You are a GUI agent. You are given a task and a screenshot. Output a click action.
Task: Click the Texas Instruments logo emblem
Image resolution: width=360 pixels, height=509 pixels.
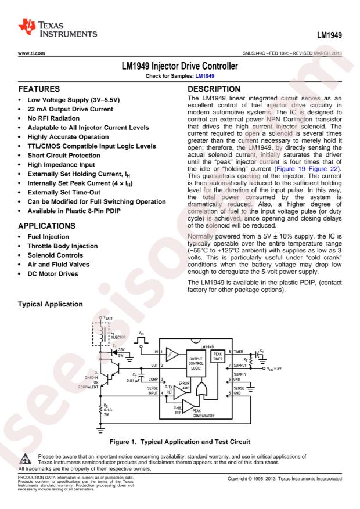pos(27,27)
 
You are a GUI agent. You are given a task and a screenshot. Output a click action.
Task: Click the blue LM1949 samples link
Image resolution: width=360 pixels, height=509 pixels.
pos(204,76)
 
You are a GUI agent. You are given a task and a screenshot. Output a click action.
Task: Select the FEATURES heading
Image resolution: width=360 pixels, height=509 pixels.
pos(39,89)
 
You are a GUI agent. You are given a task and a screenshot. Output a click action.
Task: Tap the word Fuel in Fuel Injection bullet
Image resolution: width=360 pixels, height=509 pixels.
pos(34,237)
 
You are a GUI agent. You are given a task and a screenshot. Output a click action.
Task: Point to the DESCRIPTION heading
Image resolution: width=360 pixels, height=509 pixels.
pos(214,89)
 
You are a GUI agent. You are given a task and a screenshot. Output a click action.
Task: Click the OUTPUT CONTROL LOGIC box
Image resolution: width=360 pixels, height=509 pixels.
pos(196,363)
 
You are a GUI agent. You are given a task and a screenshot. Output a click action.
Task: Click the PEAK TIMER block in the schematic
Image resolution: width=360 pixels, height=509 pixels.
pos(218,356)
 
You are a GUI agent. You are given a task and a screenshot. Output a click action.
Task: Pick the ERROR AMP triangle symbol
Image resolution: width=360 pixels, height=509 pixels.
pos(179,392)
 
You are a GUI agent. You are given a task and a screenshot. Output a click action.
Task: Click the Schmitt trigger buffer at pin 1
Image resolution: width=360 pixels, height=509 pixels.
pos(172,355)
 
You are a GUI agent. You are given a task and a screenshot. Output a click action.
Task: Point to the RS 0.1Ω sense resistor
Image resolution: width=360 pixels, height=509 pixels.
pos(100,410)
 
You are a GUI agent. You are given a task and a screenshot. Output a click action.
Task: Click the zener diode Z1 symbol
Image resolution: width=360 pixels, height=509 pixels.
pos(114,352)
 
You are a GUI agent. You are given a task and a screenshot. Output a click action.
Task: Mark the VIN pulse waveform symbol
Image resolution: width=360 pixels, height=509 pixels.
pos(142,340)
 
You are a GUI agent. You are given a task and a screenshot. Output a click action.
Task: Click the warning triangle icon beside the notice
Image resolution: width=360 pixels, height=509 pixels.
pos(26,459)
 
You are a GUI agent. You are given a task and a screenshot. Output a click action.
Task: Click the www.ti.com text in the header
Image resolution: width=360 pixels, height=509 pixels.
pos(31,53)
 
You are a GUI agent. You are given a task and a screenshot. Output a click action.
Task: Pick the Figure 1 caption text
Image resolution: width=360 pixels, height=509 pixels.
pos(180,442)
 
